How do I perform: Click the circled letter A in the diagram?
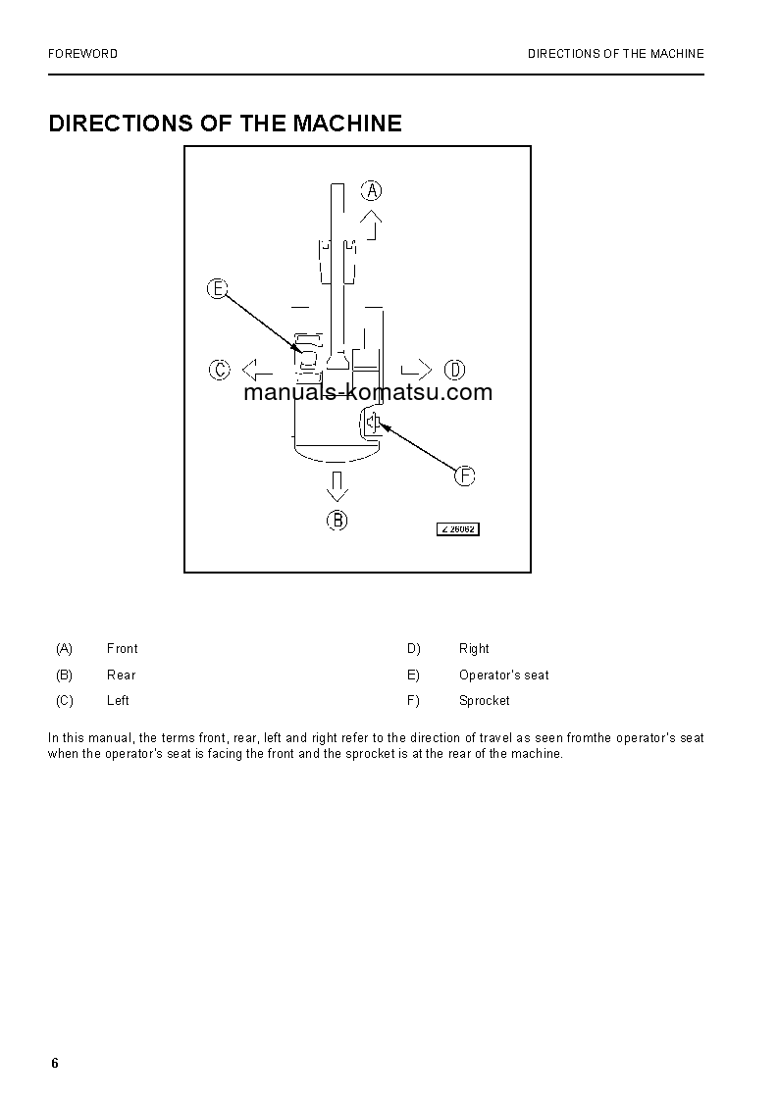tap(372, 190)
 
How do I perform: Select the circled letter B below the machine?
tap(337, 520)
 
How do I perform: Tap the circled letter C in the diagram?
tap(219, 370)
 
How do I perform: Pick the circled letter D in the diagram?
tap(454, 370)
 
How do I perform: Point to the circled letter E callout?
tap(217, 288)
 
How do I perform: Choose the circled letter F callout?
tap(464, 475)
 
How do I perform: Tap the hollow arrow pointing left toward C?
tap(257, 370)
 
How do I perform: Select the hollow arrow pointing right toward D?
tap(416, 370)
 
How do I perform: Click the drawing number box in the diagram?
tap(457, 529)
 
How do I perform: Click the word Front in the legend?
tap(123, 649)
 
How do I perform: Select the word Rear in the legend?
tap(122, 676)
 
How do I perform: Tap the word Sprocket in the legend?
tap(485, 701)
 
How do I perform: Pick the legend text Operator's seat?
tap(504, 676)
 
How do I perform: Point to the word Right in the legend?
tap(474, 649)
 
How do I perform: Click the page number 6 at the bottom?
tap(55, 1065)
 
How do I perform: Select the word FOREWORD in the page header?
tap(82, 54)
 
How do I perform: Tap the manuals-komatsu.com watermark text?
tap(368, 393)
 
